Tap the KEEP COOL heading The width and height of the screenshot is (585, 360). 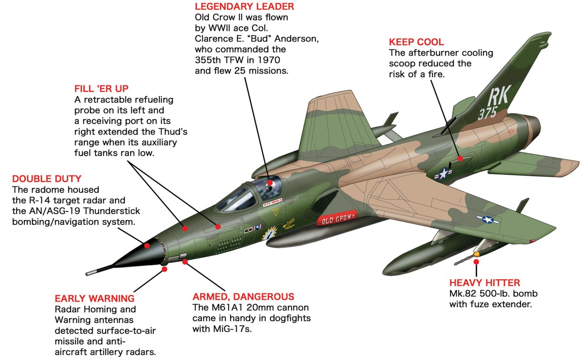click(416, 42)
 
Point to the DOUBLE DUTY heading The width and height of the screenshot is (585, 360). click(47, 179)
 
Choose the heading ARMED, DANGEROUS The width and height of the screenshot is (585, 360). click(243, 297)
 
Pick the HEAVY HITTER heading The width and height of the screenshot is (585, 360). click(485, 282)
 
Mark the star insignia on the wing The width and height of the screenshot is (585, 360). click(488, 219)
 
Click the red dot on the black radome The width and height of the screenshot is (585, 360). click(147, 245)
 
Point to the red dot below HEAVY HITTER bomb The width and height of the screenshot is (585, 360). click(476, 262)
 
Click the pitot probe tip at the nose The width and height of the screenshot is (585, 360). click(88, 272)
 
